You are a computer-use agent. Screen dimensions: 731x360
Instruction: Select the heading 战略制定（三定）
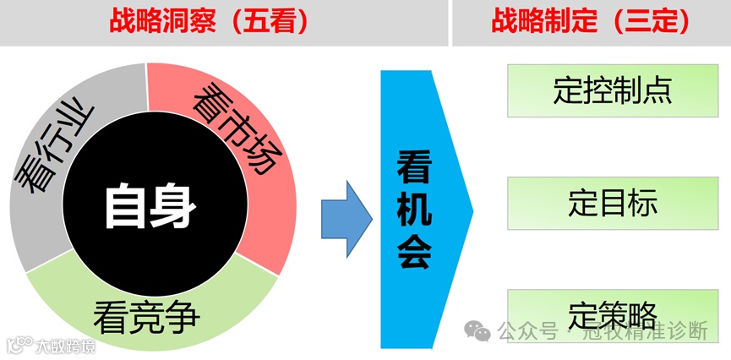click(x=591, y=21)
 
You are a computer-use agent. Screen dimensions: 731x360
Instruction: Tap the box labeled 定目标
click(x=613, y=204)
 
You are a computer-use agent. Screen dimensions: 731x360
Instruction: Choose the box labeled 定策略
click(x=613, y=314)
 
